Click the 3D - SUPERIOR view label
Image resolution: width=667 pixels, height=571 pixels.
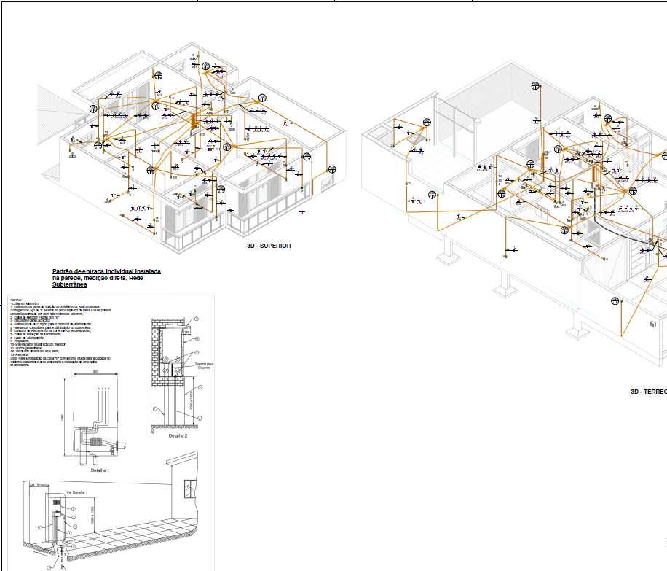tap(269, 246)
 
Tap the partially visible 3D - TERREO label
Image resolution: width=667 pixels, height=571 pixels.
tap(649, 392)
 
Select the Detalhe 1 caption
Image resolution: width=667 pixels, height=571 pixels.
tap(100, 470)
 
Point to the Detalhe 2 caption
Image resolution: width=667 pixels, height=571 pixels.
tap(178, 435)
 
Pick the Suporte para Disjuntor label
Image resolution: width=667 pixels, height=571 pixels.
tap(204, 365)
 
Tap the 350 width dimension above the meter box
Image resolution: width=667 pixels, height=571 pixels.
tap(95, 373)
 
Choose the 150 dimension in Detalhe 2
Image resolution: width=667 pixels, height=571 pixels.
tap(186, 333)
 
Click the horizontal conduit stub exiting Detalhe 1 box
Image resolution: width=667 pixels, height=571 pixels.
tap(125, 443)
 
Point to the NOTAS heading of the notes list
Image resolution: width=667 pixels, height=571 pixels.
tap(16, 300)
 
